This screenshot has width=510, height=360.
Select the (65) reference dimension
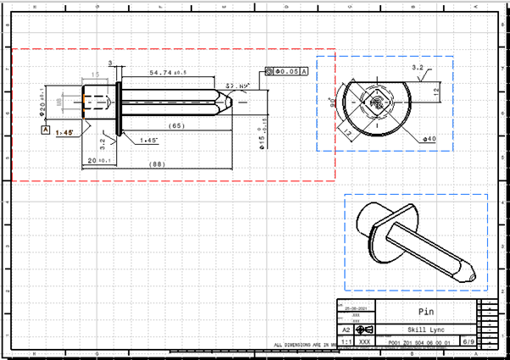176,125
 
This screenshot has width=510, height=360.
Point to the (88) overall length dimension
158,163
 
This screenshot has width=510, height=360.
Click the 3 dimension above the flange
110,64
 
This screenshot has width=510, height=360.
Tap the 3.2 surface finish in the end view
417,67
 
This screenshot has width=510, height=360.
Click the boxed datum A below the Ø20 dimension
45,130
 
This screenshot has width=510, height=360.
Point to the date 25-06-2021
356,308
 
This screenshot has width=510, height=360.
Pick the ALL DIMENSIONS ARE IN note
301,346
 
